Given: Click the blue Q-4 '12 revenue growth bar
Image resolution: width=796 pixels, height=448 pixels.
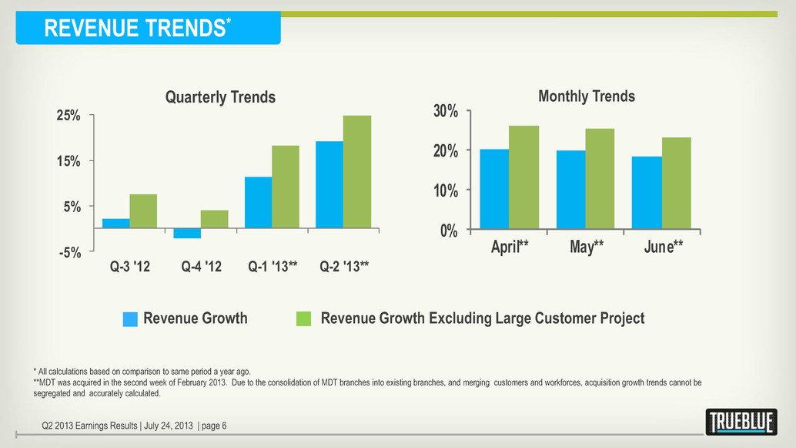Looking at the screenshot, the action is (x=187, y=234).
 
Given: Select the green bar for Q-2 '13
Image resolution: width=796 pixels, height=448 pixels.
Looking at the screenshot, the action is (x=357, y=172).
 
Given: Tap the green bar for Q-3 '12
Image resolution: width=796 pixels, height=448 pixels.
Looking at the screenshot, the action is (x=143, y=211).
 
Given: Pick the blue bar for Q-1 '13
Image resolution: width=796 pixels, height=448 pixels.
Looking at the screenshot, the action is (x=258, y=202).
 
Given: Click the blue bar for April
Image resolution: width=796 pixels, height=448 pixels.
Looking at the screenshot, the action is (x=494, y=189).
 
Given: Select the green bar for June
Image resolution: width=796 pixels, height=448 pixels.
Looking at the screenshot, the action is (x=676, y=184).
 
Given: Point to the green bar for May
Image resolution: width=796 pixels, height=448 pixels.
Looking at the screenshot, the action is (x=600, y=179).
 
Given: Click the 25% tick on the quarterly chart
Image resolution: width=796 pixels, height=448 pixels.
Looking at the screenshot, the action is (x=69, y=116).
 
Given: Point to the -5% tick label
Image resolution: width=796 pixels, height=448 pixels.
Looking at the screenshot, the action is (x=70, y=252).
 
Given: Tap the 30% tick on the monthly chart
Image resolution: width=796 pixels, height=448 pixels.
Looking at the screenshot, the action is (x=445, y=111).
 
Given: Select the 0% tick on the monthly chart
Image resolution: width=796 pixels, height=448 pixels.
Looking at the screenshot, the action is (x=449, y=231).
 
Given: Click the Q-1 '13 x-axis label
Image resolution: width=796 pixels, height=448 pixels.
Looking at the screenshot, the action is (x=273, y=266).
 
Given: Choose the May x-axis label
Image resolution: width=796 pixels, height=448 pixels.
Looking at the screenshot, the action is (x=587, y=247).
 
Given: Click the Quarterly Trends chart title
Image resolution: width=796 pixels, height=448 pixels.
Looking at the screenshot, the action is (x=220, y=96).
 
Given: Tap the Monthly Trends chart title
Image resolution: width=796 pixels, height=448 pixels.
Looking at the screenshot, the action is (x=587, y=96).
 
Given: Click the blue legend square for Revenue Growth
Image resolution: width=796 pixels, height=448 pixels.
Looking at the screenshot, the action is (x=130, y=318).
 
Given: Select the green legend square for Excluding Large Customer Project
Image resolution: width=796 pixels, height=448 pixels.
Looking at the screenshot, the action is (x=303, y=318).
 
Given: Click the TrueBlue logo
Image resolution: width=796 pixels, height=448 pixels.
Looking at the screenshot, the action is (x=741, y=422).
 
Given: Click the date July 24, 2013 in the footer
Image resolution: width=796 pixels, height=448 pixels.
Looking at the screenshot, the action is (x=169, y=426).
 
